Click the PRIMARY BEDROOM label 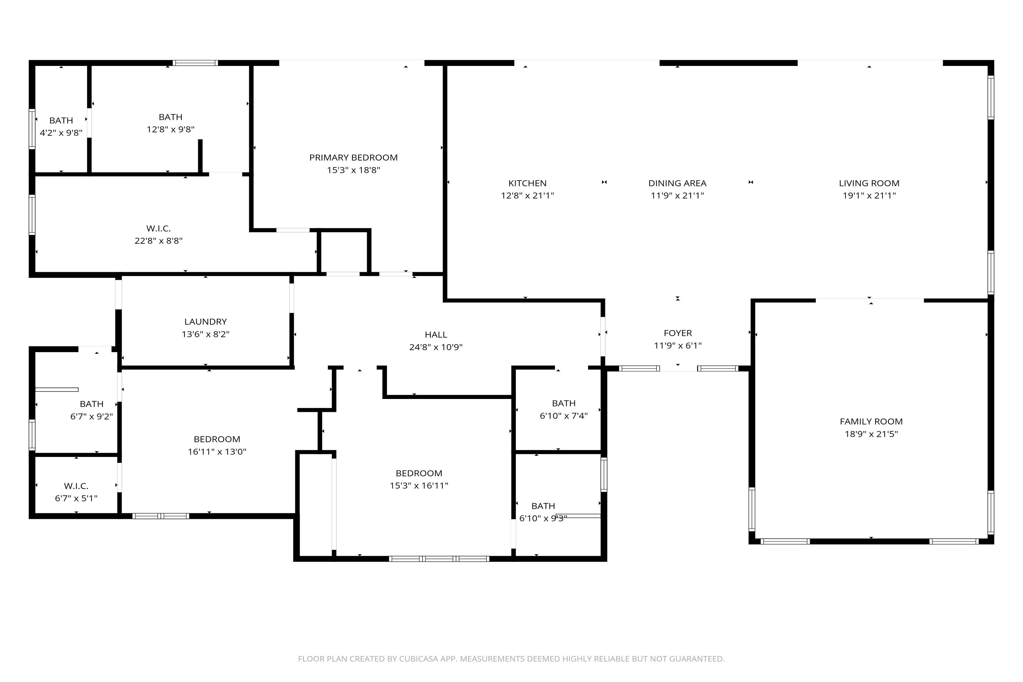(353, 157)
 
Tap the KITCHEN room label (527, 183)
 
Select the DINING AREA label (677, 183)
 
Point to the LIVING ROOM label (869, 183)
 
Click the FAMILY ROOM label (871, 421)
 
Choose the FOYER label (678, 333)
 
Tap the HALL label (436, 334)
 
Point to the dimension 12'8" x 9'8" (170, 129)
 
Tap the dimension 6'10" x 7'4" (564, 415)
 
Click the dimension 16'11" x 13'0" (217, 452)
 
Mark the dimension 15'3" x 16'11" (419, 485)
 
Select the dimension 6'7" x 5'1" (76, 498)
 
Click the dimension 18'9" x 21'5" (871, 434)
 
